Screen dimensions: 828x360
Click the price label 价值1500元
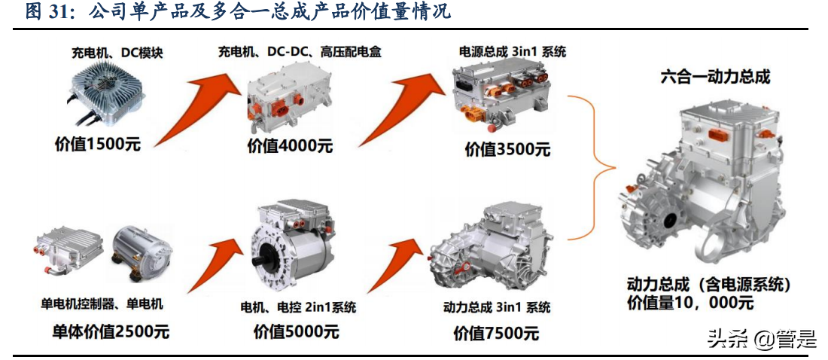[98, 144]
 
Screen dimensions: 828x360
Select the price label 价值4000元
[290, 145]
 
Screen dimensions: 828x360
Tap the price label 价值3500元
[507, 149]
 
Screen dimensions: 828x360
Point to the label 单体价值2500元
[111, 331]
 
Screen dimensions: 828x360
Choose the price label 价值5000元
[296, 331]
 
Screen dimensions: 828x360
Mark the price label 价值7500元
[496, 334]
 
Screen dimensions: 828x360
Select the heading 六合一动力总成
[716, 77]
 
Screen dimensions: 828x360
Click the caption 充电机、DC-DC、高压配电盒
[300, 52]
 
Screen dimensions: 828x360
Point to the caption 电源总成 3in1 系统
[512, 52]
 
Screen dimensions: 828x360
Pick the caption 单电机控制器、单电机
[102, 304]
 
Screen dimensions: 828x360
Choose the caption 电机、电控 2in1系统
[298, 307]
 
